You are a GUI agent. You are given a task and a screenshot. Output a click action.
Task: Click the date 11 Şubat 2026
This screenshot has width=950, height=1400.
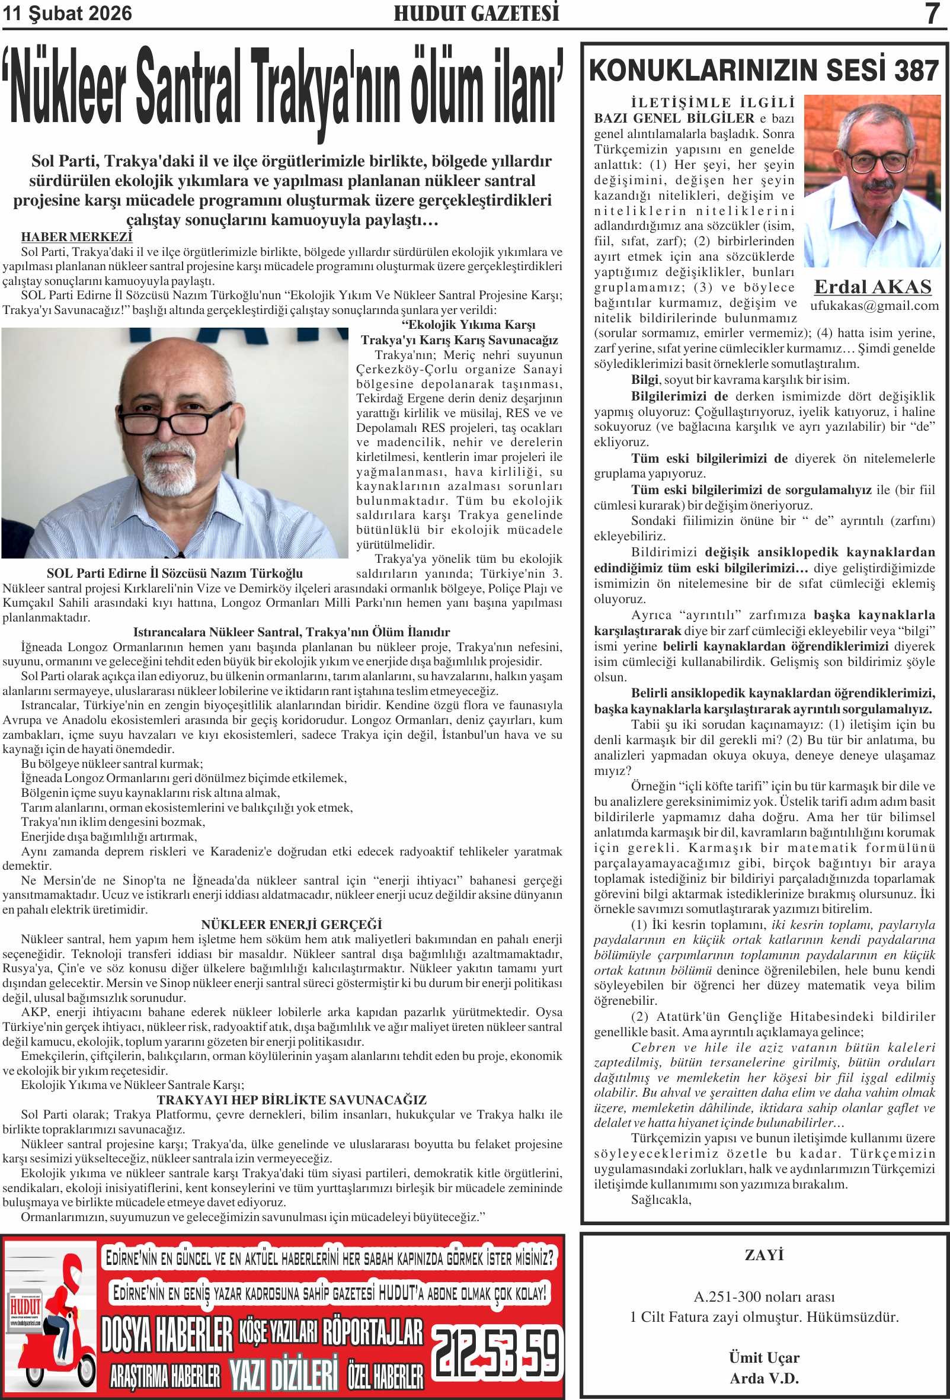coord(67,13)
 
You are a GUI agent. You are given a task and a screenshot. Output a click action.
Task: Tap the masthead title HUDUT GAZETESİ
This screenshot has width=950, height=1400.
coord(476,13)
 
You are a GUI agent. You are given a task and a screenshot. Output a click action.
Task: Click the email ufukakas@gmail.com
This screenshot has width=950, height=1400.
coord(874,306)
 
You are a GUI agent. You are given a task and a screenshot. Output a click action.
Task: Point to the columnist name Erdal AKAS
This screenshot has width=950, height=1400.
coord(873,287)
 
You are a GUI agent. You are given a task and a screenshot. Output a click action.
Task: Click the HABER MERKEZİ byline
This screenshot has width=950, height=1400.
coord(76,237)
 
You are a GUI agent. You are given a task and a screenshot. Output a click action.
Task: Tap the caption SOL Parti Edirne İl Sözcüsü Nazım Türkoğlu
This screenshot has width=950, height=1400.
coord(175,573)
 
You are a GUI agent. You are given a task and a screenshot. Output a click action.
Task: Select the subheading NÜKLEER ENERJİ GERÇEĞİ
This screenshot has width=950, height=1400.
coord(292,924)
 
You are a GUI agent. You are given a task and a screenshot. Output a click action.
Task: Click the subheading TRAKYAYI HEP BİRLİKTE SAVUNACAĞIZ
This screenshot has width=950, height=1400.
coord(292,1100)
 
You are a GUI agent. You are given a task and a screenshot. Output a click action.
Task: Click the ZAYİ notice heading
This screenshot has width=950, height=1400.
coord(764,1255)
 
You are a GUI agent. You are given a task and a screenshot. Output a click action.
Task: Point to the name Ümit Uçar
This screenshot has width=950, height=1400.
coord(764,1357)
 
